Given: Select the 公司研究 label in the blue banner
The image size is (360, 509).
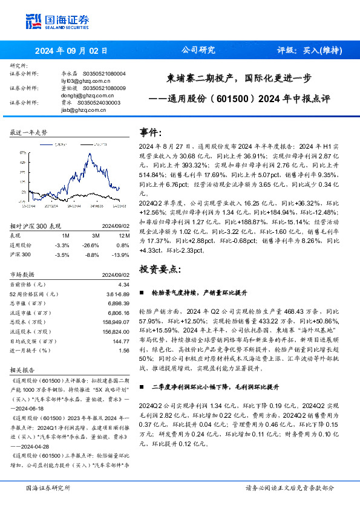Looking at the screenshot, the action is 199,51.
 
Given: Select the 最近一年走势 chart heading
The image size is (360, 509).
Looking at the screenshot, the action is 28,132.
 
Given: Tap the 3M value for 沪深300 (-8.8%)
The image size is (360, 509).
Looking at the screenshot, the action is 93,255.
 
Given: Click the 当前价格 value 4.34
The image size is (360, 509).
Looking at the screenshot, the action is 124,284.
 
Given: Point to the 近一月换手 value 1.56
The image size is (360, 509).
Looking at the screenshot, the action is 124,350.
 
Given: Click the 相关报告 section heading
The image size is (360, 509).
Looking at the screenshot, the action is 22,369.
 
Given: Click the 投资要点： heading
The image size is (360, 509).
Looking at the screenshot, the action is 160,268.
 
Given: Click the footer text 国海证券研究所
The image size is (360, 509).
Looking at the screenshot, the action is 49,488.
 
